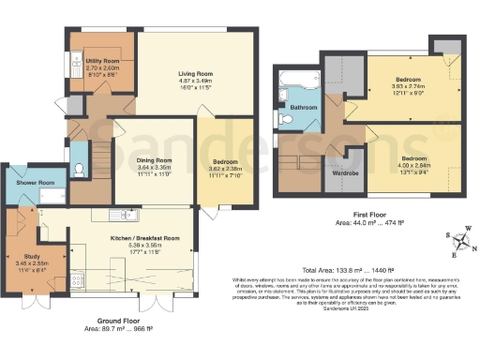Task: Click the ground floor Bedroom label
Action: click(222, 160)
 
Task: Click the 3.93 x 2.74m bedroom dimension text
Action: click(408, 86)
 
